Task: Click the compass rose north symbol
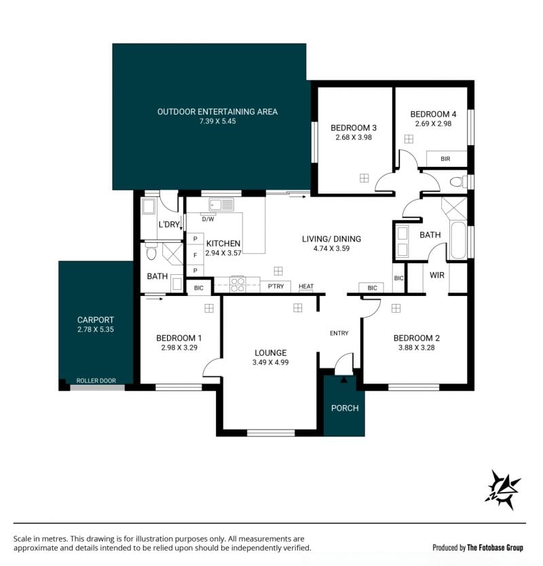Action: click(502, 490)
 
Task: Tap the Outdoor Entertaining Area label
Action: click(217, 112)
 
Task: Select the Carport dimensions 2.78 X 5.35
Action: click(95, 329)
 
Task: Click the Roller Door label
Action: click(96, 381)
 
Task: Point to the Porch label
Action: click(345, 409)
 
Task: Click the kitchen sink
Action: click(221, 205)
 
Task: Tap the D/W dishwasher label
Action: click(208, 219)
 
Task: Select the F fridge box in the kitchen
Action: click(195, 255)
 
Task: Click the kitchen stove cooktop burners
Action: click(238, 284)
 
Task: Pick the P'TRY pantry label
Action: click(276, 286)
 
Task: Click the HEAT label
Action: click(306, 286)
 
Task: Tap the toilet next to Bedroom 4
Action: click(459, 182)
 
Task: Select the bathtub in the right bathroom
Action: click(458, 240)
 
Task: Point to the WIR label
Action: click(437, 276)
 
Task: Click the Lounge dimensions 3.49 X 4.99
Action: click(270, 362)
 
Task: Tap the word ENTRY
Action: click(339, 333)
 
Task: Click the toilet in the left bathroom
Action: click(151, 252)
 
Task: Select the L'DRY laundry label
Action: click(169, 225)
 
